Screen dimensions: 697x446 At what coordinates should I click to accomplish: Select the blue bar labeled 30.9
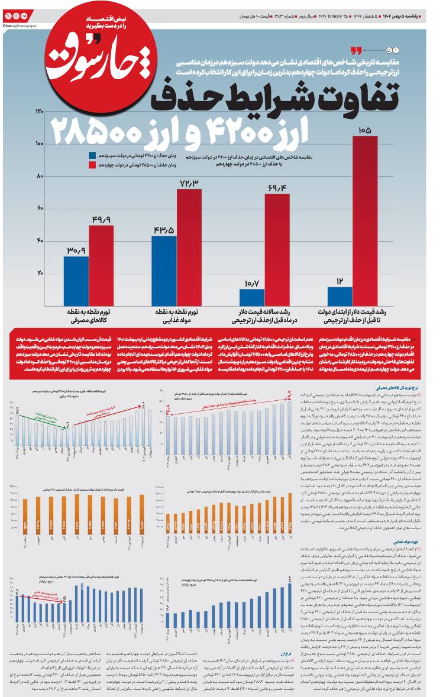76,280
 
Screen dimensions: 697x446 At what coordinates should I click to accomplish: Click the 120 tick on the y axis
40,112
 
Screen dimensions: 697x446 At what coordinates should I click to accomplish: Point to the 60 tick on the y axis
40,208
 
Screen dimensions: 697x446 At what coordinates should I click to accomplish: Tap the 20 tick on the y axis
40,273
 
